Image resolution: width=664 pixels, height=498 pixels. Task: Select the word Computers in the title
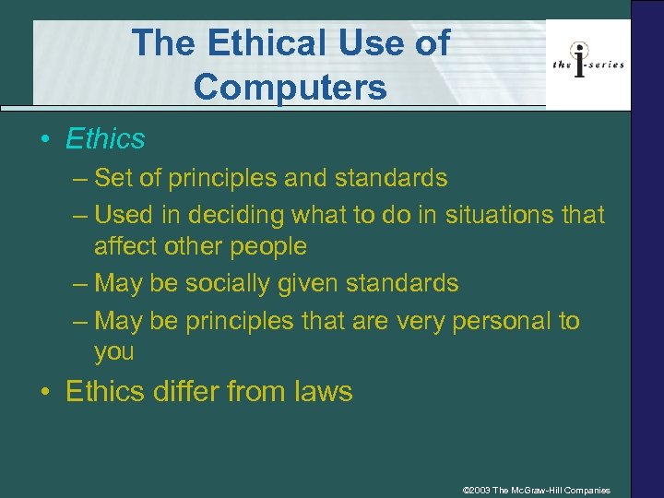290,87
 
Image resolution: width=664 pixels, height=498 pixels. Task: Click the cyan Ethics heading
105,139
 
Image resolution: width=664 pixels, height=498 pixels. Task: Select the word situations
504,215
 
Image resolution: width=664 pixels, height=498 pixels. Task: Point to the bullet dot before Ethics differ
44,392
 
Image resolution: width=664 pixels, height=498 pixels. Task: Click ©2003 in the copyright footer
477,490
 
